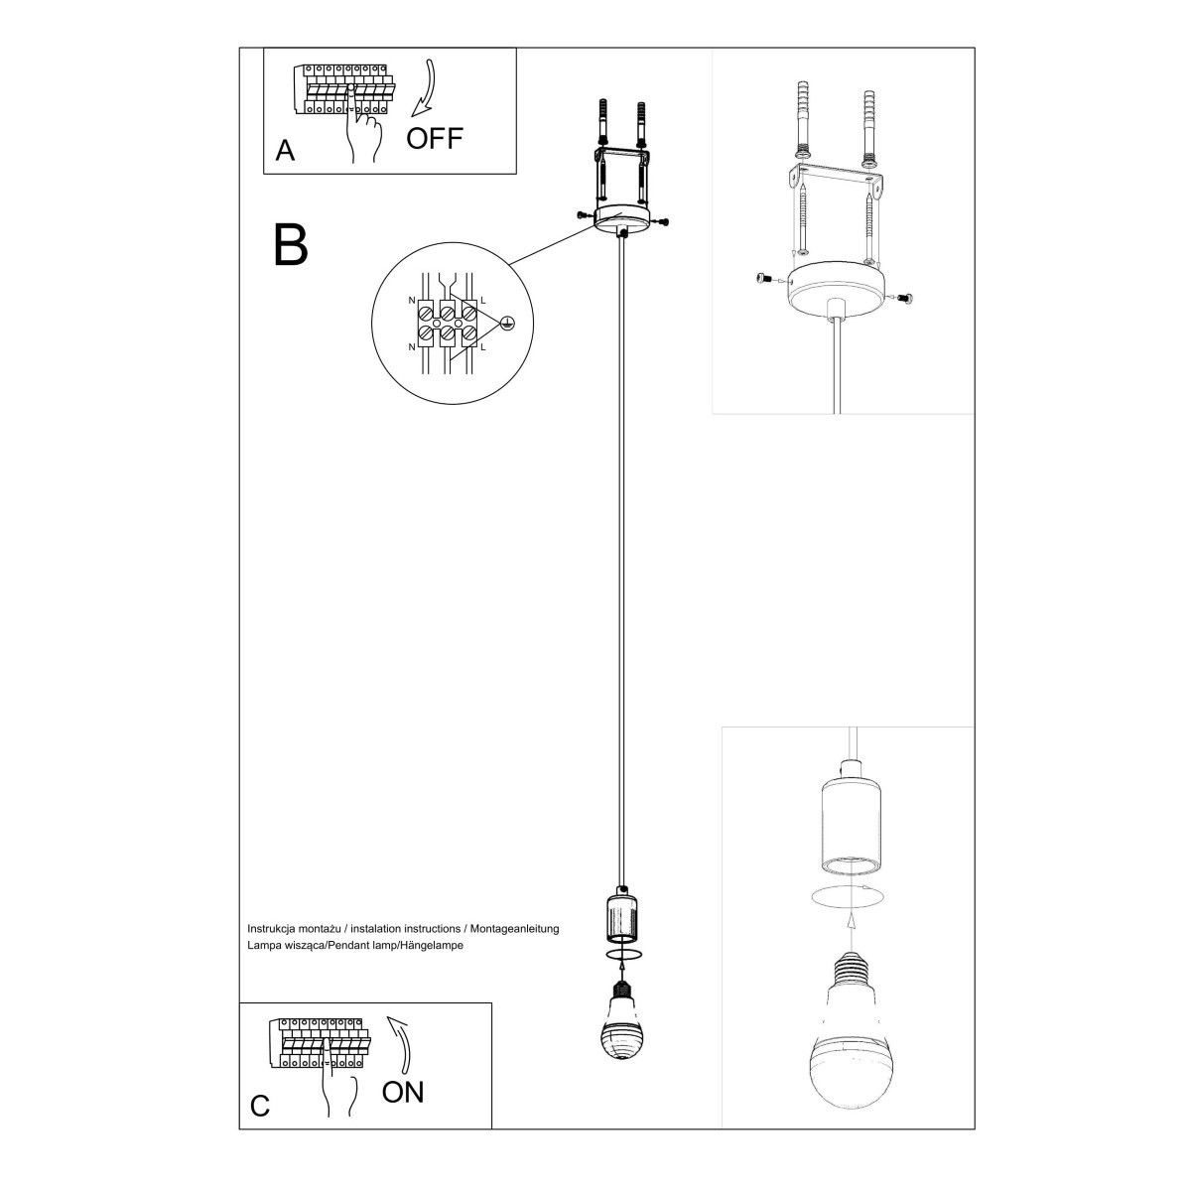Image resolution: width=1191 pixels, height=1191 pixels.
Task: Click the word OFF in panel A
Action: coord(435,137)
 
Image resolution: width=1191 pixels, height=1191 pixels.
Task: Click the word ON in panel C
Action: coord(403,1092)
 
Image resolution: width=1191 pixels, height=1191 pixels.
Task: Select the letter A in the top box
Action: coord(285,151)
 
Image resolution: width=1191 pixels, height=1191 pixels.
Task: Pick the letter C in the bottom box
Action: coord(260,1106)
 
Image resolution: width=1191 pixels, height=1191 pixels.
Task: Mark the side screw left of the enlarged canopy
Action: coord(763,280)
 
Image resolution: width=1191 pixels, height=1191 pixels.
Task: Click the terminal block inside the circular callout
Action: coord(447,320)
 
